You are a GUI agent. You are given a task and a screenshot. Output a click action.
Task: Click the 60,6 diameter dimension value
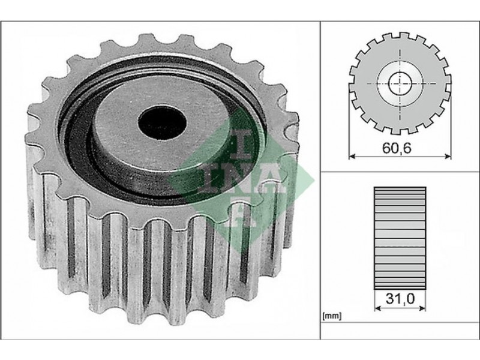coord(397,148)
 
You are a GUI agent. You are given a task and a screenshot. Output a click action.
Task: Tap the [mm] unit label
coord(332,316)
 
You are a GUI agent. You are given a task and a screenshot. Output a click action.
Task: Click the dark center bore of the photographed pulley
coord(162,123)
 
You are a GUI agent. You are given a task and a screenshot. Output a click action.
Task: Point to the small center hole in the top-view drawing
coord(400,83)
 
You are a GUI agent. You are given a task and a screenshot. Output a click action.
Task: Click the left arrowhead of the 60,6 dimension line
coord(352,156)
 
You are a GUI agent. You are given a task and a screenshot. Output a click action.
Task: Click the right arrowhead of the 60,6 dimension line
coord(448,156)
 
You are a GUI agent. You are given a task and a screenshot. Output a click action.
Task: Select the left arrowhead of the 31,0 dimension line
coord(377,308)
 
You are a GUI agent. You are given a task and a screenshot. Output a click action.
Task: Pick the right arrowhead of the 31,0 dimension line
coord(422,308)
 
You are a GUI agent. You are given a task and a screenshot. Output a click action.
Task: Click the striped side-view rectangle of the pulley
coord(400,238)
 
